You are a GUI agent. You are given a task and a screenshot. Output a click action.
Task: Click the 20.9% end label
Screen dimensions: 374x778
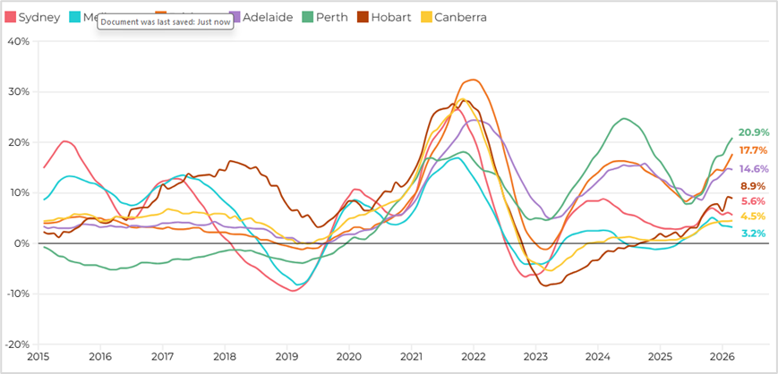click(754, 132)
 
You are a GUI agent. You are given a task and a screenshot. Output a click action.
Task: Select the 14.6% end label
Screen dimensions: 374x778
click(754, 168)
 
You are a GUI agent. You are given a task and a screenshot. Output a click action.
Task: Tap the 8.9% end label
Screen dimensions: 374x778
click(752, 185)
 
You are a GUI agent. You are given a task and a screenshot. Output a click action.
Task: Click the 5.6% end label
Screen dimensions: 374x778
click(752, 201)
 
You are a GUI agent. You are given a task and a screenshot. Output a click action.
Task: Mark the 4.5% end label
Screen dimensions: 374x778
click(752, 217)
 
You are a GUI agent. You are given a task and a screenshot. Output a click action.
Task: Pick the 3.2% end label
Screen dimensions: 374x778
click(752, 234)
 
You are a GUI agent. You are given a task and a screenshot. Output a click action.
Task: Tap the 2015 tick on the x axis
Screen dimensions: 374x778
click(38, 356)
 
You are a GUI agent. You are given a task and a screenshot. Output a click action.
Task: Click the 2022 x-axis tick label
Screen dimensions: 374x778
click(474, 356)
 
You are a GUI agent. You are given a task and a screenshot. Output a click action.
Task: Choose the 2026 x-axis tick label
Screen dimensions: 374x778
click(722, 356)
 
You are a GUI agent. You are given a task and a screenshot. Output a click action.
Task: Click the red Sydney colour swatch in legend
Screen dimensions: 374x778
click(11, 17)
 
